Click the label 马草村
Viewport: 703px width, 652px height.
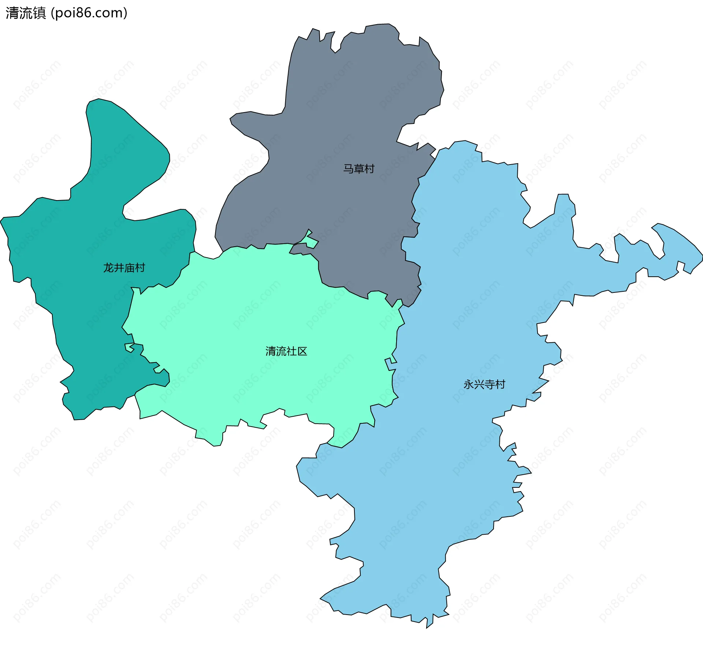click(x=358, y=169)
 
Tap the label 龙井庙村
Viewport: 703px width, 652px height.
click(x=124, y=268)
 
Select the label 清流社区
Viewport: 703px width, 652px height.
click(x=286, y=351)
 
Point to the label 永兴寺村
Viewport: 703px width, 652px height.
click(x=484, y=384)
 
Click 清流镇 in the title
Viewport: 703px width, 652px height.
click(x=26, y=13)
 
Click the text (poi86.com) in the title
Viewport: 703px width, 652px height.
click(x=89, y=13)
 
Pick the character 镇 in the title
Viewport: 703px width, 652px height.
click(x=40, y=13)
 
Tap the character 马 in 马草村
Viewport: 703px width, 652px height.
click(x=348, y=169)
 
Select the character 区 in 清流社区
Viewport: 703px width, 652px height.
click(x=302, y=351)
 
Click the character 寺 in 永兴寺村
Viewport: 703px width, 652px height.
click(x=490, y=384)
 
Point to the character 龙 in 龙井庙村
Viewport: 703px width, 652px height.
click(x=108, y=268)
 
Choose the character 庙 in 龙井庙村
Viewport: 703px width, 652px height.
click(x=130, y=268)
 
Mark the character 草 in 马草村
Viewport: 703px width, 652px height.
click(x=358, y=169)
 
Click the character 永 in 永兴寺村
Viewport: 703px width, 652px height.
click(x=469, y=384)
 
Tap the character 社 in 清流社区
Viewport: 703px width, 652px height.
click(x=291, y=351)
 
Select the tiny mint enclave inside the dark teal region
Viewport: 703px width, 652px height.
click(x=129, y=347)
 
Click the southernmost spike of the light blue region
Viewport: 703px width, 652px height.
click(x=427, y=627)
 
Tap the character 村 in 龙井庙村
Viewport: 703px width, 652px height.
click(x=140, y=268)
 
